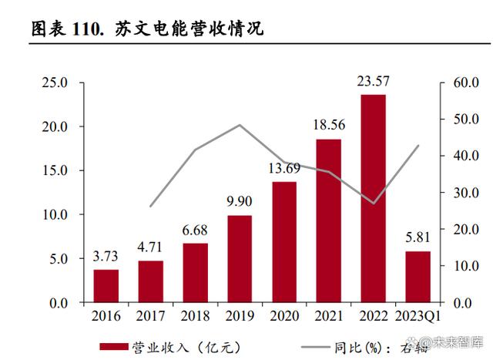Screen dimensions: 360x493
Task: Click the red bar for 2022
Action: pos(374,198)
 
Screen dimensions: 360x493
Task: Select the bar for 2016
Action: pos(106,286)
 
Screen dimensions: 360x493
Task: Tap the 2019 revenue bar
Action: pos(240,259)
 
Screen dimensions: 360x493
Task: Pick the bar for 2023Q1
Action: pos(418,277)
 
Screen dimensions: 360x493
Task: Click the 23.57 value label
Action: pos(374,81)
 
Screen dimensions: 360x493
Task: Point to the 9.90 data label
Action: pos(240,202)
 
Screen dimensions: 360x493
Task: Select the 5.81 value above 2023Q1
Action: pos(418,238)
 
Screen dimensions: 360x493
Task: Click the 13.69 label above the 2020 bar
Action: pos(284,169)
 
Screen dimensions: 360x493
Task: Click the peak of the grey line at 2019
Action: pos(240,125)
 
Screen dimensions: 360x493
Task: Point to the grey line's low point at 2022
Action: pos(374,204)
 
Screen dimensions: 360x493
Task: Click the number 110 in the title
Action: pos(91,30)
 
